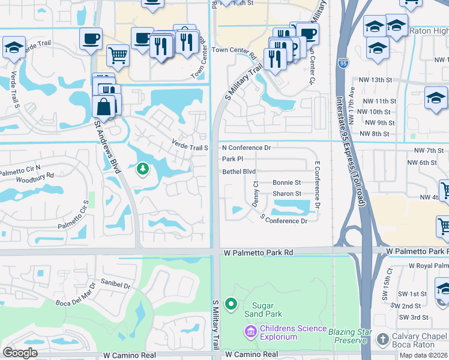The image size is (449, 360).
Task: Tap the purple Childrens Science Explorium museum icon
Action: pos(250,331)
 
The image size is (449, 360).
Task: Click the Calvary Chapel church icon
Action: pos(383,340)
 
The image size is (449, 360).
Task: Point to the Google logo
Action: pos(20,353)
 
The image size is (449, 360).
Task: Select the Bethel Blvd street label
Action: pos(239,172)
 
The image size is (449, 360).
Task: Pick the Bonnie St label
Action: pos(286,182)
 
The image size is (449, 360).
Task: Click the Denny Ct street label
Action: pos(255,196)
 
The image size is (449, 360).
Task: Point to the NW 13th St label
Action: pos(375,80)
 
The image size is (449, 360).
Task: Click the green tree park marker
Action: pos(143,170)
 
